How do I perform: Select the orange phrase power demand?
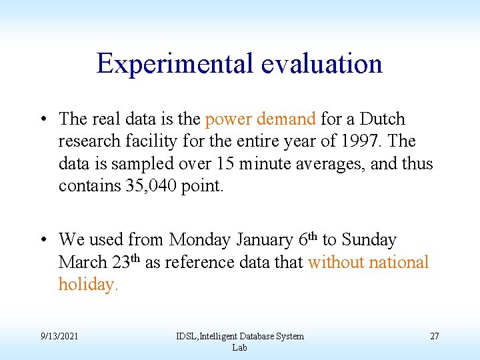point(260,119)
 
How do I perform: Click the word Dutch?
point(383,119)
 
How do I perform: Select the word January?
point(262,239)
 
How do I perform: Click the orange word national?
point(396,262)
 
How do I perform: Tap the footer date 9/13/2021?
point(59,336)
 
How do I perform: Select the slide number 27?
point(434,336)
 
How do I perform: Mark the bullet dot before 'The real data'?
point(42,120)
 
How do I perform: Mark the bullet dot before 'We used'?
point(42,240)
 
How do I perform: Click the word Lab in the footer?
point(239,347)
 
